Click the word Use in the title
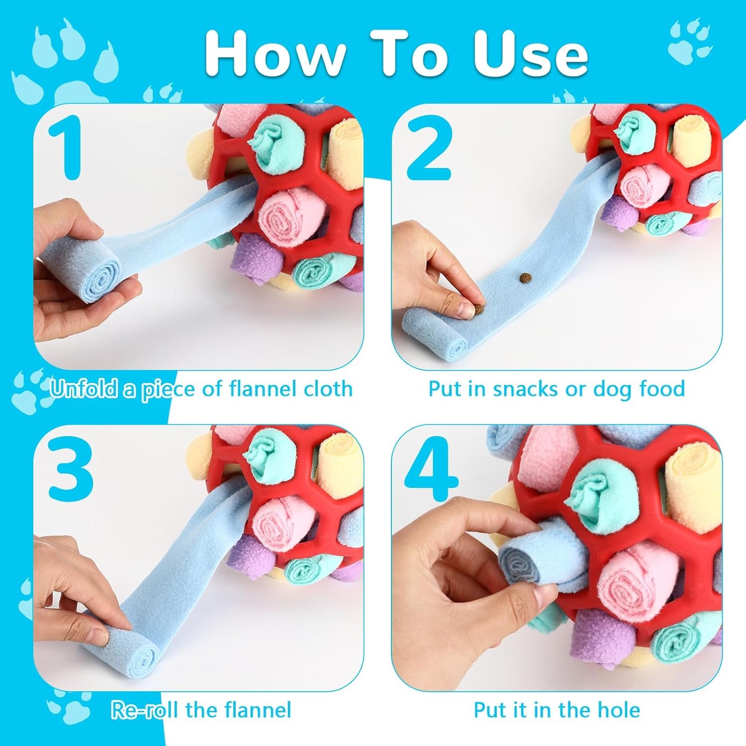(x=531, y=54)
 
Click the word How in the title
(x=275, y=54)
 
